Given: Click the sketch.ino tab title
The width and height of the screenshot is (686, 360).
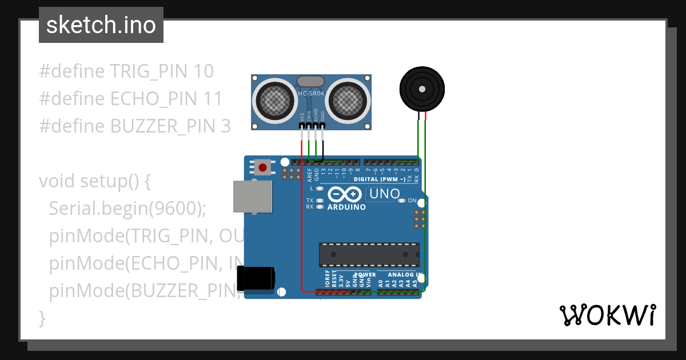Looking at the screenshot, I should [101, 25].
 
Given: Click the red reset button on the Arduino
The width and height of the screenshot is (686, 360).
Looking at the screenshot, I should [262, 167].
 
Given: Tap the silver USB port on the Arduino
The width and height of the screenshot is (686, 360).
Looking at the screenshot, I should [252, 197].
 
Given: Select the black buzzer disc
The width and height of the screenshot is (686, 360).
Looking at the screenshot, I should [421, 89].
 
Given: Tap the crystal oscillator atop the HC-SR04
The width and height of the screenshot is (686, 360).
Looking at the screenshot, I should [311, 82].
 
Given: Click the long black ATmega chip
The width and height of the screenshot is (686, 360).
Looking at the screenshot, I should [369, 255].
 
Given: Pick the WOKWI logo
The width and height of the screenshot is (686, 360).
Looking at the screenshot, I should [607, 315].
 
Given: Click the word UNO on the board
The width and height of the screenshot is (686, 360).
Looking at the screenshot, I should [385, 194].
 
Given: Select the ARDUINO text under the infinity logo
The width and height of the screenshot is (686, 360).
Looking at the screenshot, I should [347, 207].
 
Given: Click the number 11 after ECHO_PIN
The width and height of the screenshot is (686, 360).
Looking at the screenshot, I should [213, 99].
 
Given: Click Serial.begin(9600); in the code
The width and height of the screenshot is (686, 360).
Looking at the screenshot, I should [127, 209].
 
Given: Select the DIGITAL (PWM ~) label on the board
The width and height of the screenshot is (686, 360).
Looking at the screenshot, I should [380, 179].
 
